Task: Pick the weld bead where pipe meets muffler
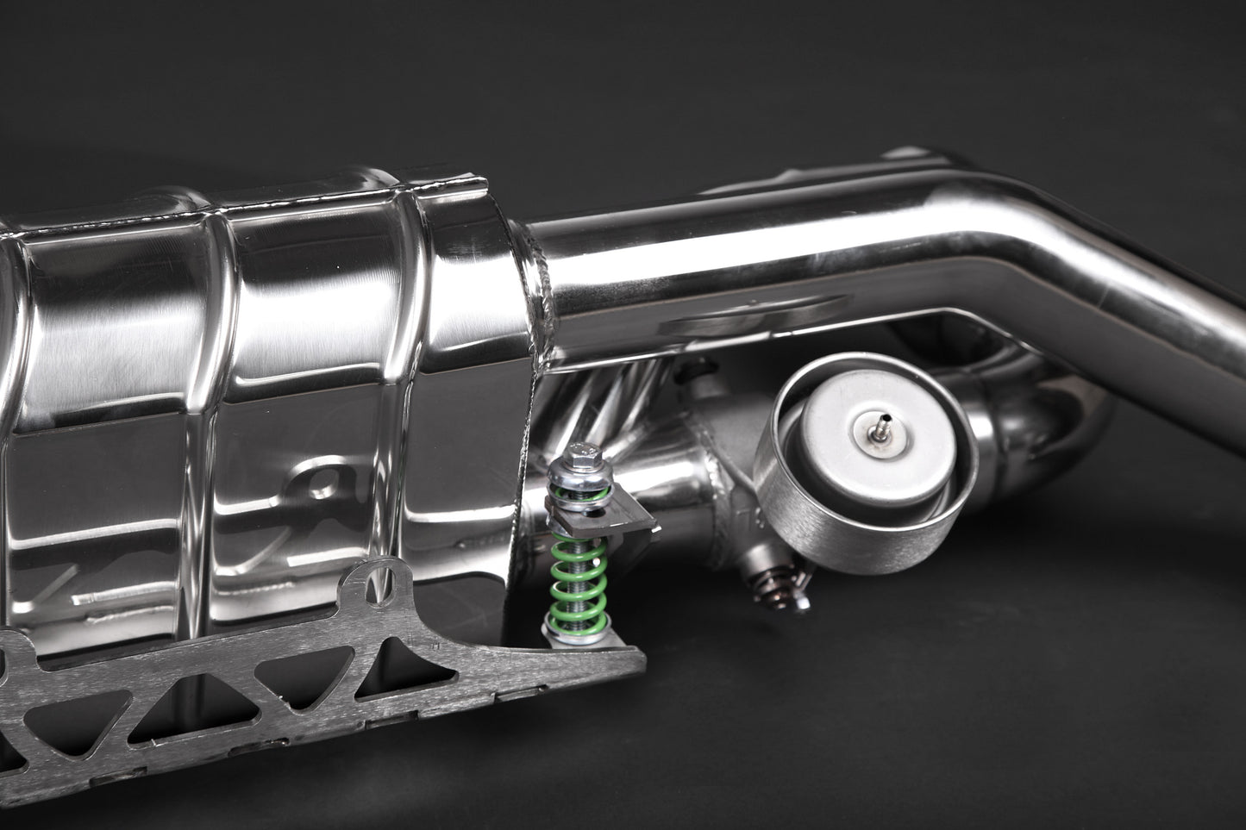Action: click(x=542, y=259)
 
